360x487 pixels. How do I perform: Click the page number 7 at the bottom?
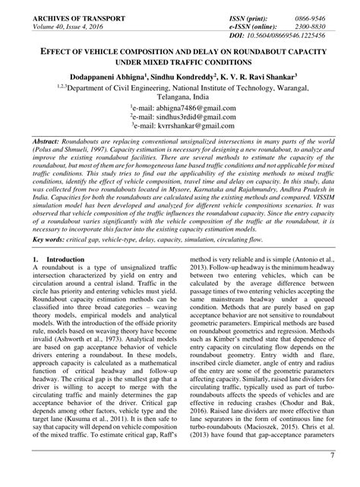click(x=331, y=476)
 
